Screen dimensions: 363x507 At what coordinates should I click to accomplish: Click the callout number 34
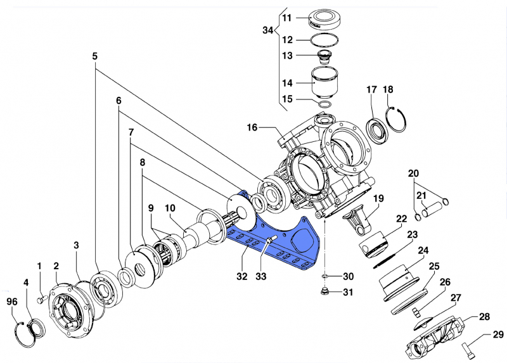click(x=269, y=30)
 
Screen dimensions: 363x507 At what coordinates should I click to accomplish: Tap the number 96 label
click(x=12, y=301)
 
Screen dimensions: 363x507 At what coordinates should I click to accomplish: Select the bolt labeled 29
click(x=470, y=347)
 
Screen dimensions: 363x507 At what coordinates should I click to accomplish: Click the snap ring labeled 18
click(x=397, y=120)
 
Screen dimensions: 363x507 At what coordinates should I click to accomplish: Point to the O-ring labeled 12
click(x=323, y=41)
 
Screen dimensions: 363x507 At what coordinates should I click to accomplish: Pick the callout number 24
click(x=423, y=250)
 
